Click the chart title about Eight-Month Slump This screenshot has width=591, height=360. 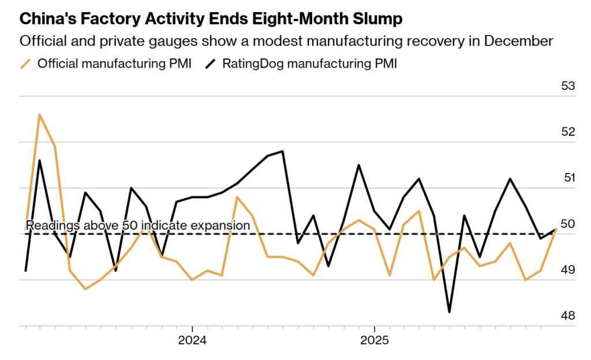point(211,18)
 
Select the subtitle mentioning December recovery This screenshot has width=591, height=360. point(286,41)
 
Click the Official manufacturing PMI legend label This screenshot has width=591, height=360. point(114,63)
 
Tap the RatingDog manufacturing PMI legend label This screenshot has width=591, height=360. point(309,63)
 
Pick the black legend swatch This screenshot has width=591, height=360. point(212,63)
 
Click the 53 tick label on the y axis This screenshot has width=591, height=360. point(568,86)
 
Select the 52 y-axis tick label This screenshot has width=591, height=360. point(568,132)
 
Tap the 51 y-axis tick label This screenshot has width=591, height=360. point(568,178)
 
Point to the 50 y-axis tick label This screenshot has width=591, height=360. point(568,224)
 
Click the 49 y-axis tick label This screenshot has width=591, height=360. point(568,270)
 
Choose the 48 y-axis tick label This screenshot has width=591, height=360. point(568,316)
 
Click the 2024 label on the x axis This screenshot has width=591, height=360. point(192,340)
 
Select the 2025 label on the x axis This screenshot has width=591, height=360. point(375,340)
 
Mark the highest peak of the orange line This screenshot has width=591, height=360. point(39,114)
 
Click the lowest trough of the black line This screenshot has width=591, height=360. point(449,312)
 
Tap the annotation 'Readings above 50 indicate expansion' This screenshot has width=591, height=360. point(138,225)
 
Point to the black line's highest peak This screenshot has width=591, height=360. point(282,151)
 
